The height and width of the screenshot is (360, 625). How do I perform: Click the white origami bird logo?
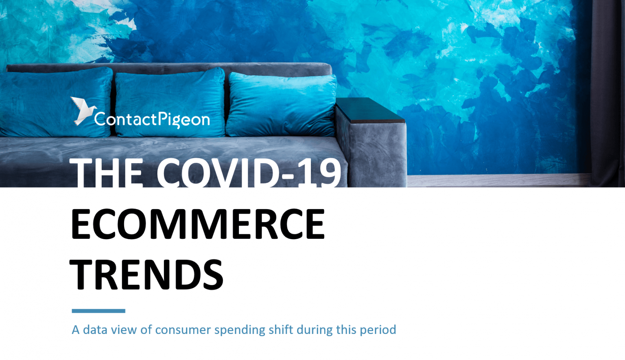[83, 111]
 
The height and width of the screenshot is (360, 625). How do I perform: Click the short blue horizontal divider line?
[98, 311]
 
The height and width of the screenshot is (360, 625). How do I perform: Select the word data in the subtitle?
[96, 329]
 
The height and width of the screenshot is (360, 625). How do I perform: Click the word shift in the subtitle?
[281, 329]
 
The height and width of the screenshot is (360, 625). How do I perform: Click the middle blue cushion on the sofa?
[170, 103]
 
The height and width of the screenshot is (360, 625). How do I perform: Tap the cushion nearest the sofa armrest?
[281, 105]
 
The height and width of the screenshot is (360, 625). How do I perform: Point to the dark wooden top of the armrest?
[370, 110]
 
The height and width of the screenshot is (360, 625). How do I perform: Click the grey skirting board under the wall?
[499, 181]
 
